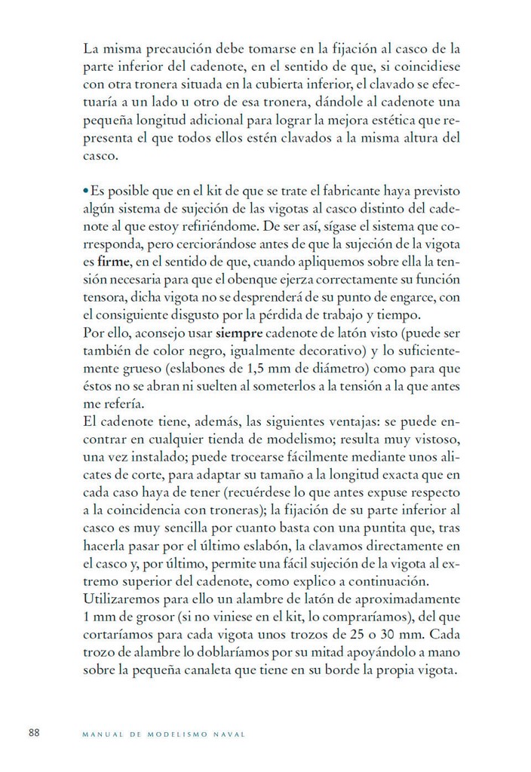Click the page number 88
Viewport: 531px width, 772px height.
coord(34,732)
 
